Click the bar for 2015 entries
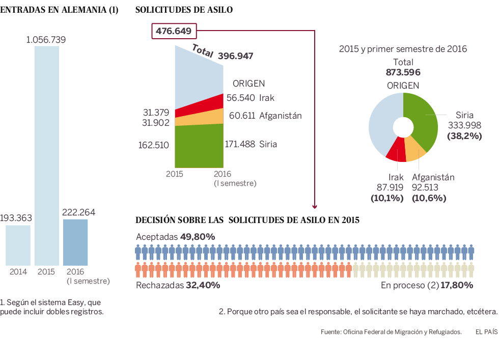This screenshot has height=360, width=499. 46,155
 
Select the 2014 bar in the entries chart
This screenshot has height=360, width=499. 18,245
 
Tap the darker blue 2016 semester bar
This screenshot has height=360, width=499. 75,242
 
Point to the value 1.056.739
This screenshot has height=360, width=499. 46,40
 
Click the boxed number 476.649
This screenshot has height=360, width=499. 174,32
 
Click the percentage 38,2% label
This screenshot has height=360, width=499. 464,136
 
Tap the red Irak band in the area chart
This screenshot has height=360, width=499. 201,107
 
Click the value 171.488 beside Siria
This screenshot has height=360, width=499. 240,144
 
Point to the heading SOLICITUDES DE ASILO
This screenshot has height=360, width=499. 184,10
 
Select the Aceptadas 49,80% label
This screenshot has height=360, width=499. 175,237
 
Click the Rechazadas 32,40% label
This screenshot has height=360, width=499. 178,285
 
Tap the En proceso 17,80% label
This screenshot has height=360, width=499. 427,285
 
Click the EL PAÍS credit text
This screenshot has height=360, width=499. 486,331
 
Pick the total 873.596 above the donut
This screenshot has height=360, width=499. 403,72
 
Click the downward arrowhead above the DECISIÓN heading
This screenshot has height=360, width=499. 315,206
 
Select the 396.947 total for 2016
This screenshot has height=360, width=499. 235,56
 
